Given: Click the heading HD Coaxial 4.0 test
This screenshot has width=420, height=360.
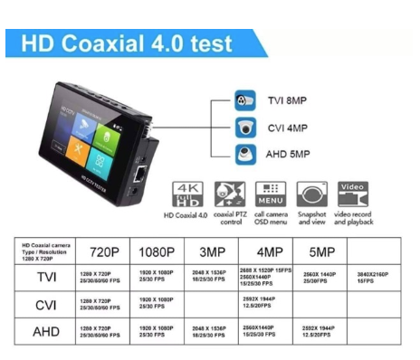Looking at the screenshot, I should [127, 43].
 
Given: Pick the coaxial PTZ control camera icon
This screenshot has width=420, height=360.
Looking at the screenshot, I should [229, 194].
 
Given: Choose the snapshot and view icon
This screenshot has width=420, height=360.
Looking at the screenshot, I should [312, 194].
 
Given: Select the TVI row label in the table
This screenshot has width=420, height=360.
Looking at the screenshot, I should [45, 277].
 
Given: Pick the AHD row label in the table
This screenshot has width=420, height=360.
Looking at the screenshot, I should [45, 332].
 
